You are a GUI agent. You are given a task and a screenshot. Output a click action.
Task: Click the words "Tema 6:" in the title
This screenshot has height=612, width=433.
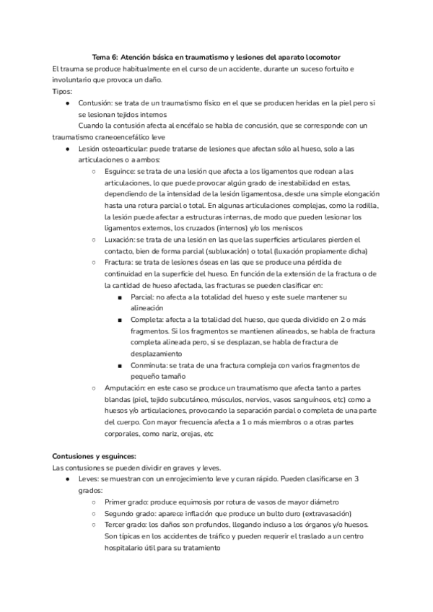click(105, 57)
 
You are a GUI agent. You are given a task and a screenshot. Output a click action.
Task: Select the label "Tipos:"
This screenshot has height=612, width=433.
click(63, 92)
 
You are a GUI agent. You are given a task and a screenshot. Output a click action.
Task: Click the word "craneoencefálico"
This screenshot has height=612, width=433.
click(151, 137)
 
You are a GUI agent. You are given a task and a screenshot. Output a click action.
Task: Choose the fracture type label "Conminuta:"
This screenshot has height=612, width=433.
click(151, 366)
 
